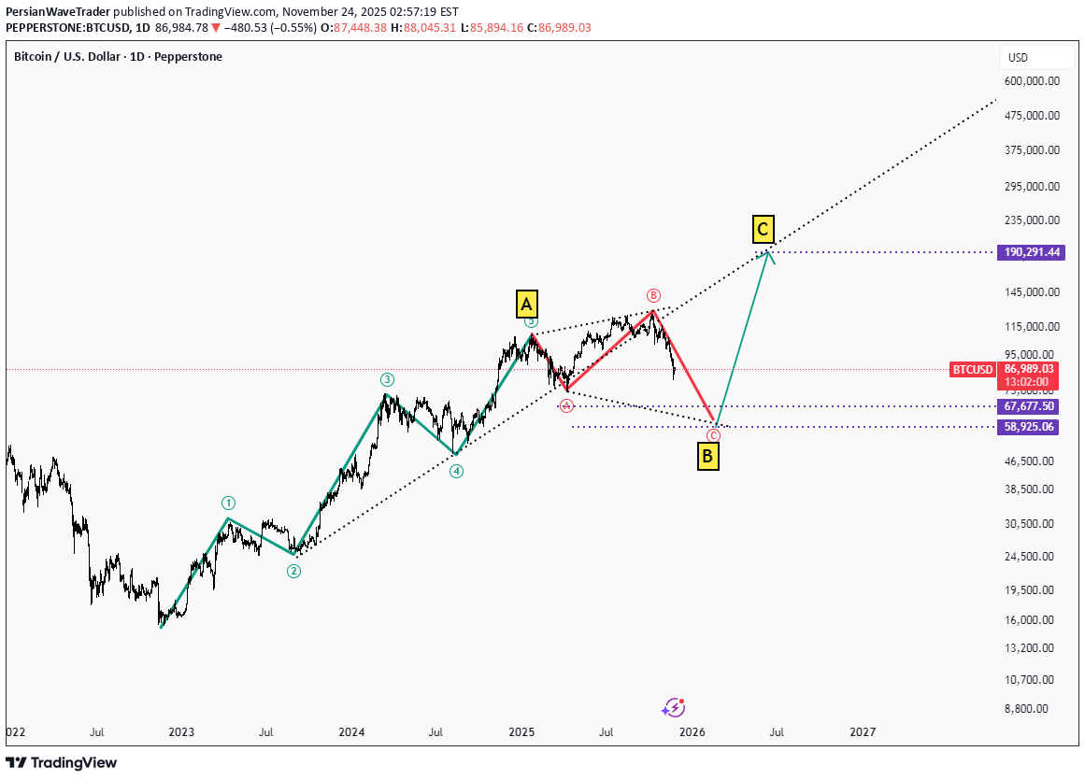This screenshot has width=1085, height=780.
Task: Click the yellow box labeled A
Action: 526,304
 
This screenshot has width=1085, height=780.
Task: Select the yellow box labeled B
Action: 708,457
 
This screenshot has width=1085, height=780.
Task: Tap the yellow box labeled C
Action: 764,228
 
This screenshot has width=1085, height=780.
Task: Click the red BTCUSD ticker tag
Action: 972,370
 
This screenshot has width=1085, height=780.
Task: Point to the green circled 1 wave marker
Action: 228,503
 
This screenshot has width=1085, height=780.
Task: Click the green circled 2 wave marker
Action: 293,571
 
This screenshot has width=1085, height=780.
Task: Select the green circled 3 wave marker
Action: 387,379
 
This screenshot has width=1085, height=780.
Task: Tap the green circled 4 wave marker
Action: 456,471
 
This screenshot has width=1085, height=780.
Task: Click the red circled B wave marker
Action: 653,295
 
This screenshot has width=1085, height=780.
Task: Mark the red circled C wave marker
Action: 713,436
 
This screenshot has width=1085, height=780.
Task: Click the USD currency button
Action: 1018,58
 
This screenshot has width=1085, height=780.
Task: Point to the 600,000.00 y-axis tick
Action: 1032,81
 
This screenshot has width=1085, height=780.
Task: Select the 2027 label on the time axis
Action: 863,733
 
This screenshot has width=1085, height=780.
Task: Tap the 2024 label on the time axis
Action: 351,733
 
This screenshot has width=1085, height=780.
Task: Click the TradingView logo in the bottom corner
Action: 62,762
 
